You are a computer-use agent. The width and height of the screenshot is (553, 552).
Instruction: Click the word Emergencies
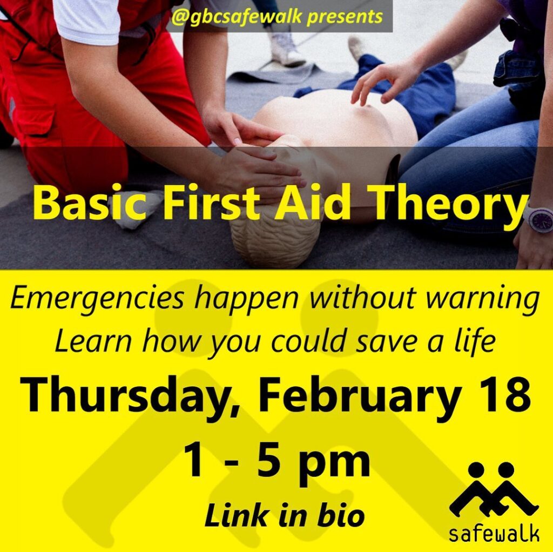pyautogui.click(x=97, y=299)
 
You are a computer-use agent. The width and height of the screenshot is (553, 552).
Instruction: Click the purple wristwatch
pyautogui.click(x=538, y=219)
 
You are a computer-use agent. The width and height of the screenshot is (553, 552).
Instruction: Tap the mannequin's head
pyautogui.click(x=275, y=238)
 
